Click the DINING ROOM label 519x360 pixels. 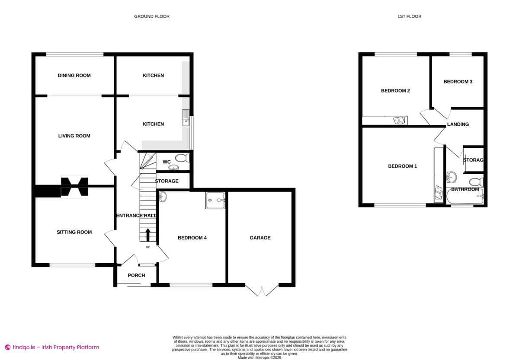[74, 76]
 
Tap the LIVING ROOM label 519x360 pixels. [74, 136]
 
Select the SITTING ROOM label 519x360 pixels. [74, 232]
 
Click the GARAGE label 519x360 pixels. [260, 238]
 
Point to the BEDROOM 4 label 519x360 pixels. [192, 238]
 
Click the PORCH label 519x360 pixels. [136, 275]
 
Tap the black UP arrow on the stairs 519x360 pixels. [148, 235]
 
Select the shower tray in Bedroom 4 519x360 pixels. [215, 199]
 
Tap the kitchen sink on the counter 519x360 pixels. [186, 117]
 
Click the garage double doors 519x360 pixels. [262, 290]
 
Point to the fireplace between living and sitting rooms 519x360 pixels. [74, 187]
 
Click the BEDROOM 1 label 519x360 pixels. [402, 166]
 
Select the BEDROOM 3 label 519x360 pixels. [458, 82]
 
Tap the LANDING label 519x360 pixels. [458, 124]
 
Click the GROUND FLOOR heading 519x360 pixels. [152, 16]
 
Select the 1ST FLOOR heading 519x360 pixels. [409, 16]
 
